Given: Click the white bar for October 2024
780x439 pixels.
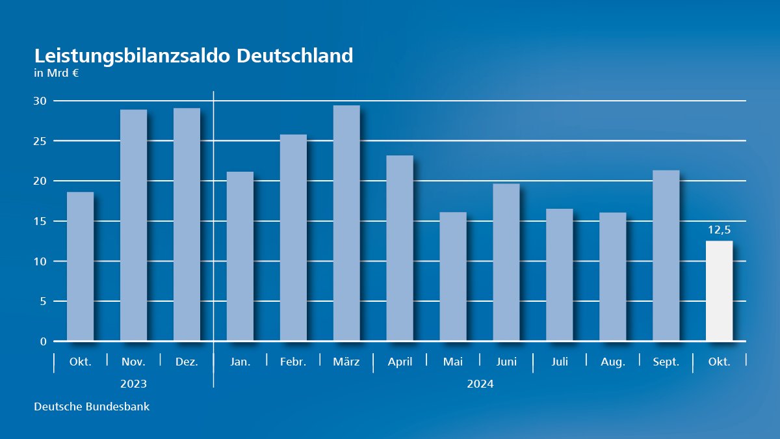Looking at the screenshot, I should click(719, 291).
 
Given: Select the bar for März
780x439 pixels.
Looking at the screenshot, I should click(346, 223).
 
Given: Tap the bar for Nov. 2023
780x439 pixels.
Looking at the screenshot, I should click(134, 225).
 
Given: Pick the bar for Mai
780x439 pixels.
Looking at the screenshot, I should click(453, 276).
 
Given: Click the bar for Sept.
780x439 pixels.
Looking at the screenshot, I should click(666, 256).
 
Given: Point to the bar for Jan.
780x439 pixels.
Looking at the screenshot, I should click(240, 256).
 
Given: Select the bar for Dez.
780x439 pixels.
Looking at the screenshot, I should click(187, 224).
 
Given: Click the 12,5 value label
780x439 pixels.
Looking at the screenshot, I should click(719, 230).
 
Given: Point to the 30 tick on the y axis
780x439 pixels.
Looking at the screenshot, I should click(40, 101).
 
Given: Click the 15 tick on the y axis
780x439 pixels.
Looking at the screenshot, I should click(40, 221).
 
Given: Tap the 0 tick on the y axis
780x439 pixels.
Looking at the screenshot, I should click(43, 341).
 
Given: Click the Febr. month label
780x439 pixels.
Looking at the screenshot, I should click(293, 362).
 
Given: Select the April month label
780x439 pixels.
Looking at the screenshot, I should click(400, 362).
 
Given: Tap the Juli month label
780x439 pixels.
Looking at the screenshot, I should click(559, 362).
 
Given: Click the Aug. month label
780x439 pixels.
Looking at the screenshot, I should click(612, 362).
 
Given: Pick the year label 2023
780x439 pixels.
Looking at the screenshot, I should click(133, 384).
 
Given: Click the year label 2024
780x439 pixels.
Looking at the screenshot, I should click(480, 384).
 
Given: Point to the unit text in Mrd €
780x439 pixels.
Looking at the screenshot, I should click(57, 73).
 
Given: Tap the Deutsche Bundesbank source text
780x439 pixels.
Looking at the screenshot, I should click(92, 407).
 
